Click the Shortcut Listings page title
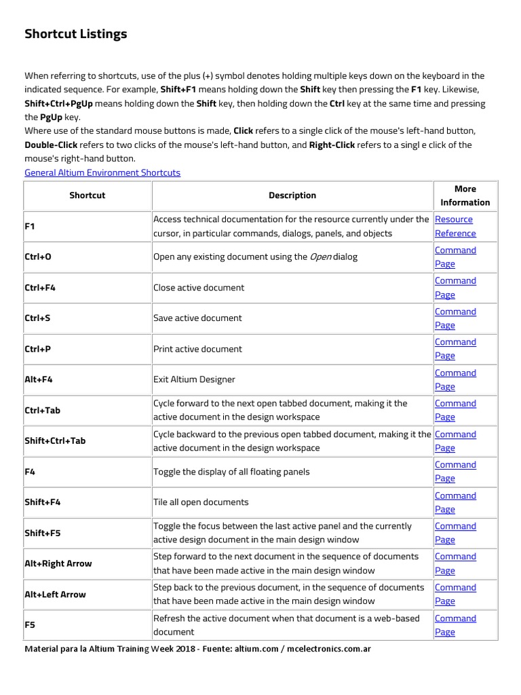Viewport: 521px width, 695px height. coord(75,34)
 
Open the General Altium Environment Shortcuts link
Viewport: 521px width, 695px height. coord(102,172)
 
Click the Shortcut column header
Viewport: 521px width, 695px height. coord(88,195)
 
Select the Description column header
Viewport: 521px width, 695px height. coord(292,195)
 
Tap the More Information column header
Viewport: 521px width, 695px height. coord(465,195)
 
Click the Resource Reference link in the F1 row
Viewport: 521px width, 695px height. coord(455,226)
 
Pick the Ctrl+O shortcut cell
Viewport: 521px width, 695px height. coord(38,257)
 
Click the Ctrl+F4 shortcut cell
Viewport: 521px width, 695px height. coord(40,288)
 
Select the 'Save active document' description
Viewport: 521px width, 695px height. coord(197,318)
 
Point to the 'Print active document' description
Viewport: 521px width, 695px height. coord(197,349)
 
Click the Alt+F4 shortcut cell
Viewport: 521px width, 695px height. coord(39,379)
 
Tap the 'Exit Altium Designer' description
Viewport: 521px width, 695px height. coord(194,379)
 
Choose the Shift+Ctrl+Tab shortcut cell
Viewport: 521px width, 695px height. coord(55,440)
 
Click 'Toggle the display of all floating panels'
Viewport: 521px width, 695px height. coord(231,472)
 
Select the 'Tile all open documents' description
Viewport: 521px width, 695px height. coord(201,502)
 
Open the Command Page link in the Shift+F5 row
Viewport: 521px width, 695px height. coord(455,533)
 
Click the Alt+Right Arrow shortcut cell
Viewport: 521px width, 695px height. coord(58,563)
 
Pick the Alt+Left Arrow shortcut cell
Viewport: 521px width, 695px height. coord(55,595)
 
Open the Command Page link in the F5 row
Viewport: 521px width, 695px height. coord(455,625)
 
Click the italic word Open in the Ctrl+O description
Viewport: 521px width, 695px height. coord(321,257)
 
